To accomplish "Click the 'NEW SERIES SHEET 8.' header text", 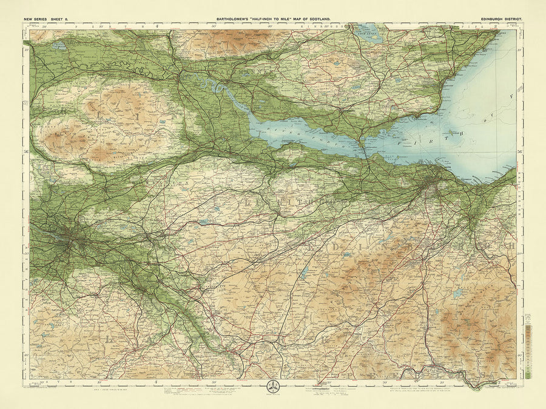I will (x=48, y=19).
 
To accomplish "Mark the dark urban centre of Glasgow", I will (x=72, y=240).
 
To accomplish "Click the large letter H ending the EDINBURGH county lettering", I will (x=511, y=247).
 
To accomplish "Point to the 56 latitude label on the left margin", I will (x=26, y=152).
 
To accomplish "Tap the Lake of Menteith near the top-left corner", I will (x=58, y=45).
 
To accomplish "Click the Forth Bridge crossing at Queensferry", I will (x=363, y=147).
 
